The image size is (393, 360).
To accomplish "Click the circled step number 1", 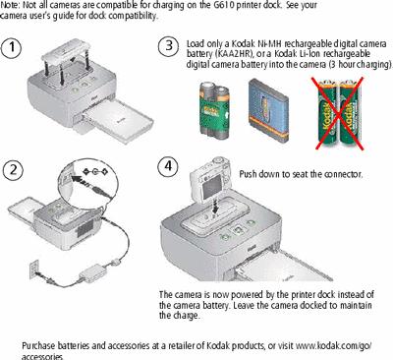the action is [x=12, y=47].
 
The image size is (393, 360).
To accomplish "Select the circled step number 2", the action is [x=13, y=170].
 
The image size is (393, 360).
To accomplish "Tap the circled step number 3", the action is [x=168, y=45].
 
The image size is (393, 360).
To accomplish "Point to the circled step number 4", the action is [x=168, y=166].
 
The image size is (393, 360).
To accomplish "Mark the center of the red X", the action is [x=338, y=113].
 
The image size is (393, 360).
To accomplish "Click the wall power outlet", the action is [x=34, y=269].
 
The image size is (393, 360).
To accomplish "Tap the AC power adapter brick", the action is [x=90, y=274].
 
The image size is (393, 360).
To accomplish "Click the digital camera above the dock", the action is [x=210, y=179].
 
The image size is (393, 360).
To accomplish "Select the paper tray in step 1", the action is [x=118, y=122].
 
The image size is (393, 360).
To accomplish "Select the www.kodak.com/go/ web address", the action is [x=334, y=345].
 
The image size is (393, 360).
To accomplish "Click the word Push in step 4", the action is [x=249, y=173].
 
